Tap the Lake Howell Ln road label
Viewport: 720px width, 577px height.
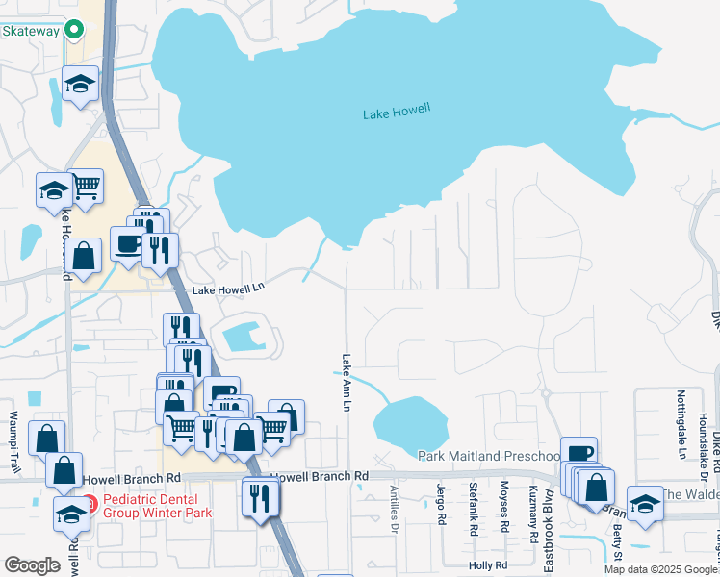tap(227, 288)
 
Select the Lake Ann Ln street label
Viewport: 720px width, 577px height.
tap(345, 382)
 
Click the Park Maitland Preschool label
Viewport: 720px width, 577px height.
tap(489, 456)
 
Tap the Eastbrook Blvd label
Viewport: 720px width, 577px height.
tap(548, 515)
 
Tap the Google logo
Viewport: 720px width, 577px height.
tap(32, 565)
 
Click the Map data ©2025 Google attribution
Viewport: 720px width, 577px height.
tap(660, 569)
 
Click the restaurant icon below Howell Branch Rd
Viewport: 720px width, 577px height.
tap(261, 497)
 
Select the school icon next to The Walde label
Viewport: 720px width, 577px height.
tap(644, 502)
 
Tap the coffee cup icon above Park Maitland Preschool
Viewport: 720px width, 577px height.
tap(579, 453)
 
